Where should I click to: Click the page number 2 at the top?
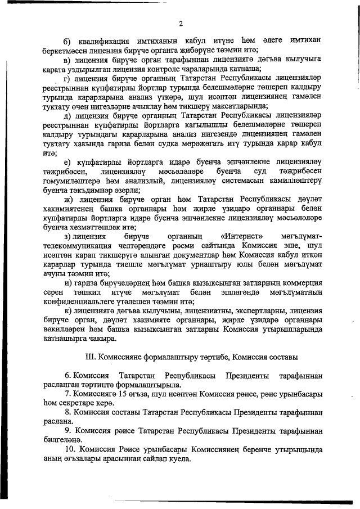pos(180,23)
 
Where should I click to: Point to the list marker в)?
pos(66,59)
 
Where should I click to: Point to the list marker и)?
pos(67,283)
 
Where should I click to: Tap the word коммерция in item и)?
pos(298,283)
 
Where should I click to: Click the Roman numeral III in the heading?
pos(91,357)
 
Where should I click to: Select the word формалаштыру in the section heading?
pos(169,357)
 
